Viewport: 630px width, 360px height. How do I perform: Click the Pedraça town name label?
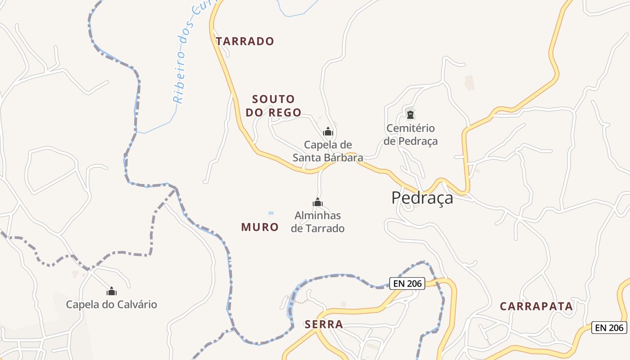422,198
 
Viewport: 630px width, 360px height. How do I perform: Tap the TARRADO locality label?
245,41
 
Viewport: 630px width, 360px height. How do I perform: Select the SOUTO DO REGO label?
273,106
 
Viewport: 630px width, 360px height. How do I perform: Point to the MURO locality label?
260,227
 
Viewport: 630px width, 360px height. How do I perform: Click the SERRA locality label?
324,324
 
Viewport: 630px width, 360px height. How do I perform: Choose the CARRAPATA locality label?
536,307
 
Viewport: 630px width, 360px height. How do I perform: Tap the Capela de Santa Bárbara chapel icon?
328,131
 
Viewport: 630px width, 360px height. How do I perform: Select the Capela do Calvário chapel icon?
112,291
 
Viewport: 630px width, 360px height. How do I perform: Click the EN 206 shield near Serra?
407,283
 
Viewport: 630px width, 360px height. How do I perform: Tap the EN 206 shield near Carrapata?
609,328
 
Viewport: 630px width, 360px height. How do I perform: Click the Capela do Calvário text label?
112,305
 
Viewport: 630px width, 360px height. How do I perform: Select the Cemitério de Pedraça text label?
410,135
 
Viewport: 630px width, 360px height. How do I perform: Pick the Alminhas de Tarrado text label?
318,222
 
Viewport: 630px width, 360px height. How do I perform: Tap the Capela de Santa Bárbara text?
328,151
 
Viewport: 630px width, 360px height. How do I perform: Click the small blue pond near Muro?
271,213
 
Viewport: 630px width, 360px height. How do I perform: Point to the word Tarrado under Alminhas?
324,229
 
